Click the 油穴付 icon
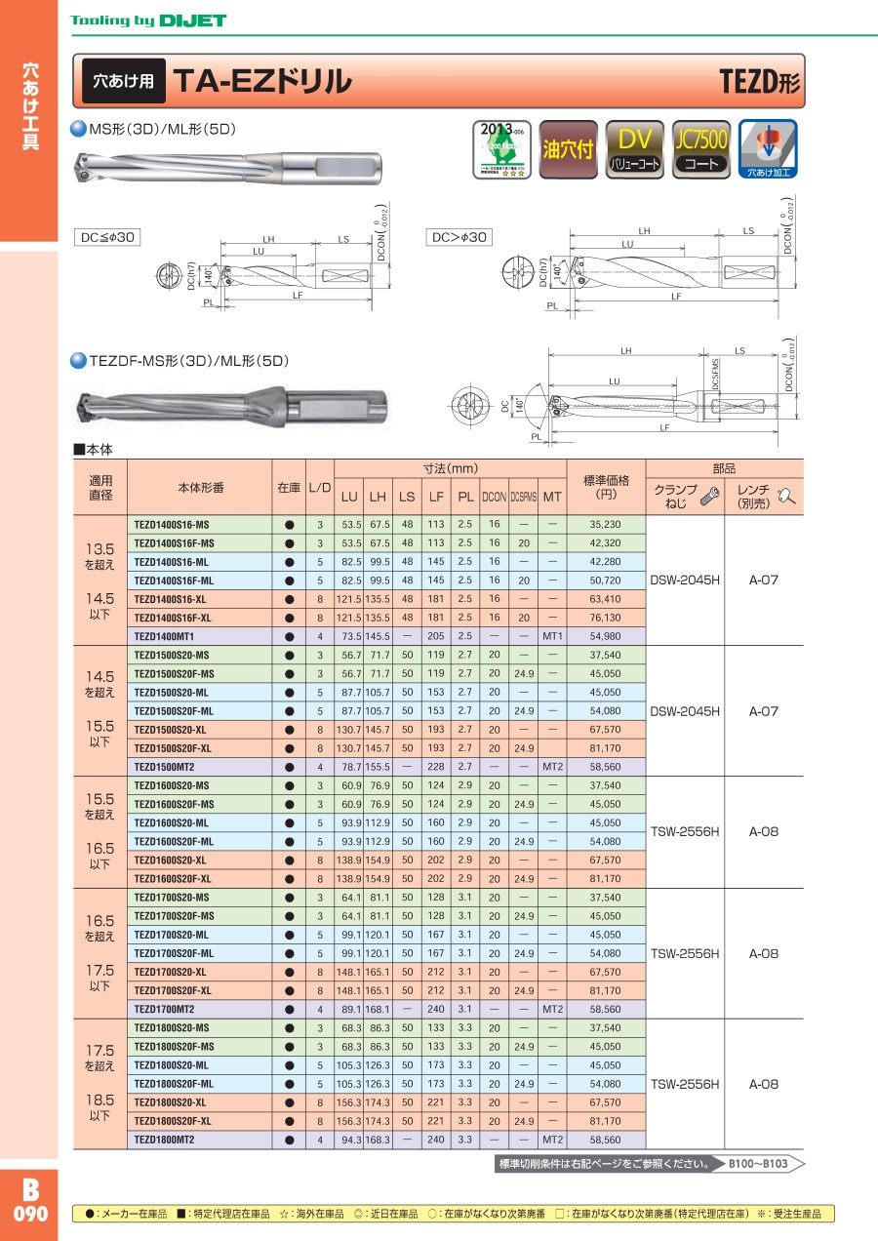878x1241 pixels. coord(568,149)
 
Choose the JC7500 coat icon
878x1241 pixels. coord(701,149)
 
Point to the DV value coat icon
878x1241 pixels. coord(635,149)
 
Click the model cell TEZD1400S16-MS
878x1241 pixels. coord(172,525)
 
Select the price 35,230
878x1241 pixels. coord(605,525)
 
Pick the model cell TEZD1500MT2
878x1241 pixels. coord(165,766)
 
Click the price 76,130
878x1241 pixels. coord(605,618)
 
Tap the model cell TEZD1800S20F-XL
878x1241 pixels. coord(177,1121)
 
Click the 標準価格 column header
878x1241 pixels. coord(606,487)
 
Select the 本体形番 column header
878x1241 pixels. coord(200,486)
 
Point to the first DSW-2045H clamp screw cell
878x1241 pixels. coord(685,580)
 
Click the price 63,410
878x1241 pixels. coord(605,599)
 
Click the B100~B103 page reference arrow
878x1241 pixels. coord(763,1164)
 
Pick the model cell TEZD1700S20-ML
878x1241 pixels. coord(172,935)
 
